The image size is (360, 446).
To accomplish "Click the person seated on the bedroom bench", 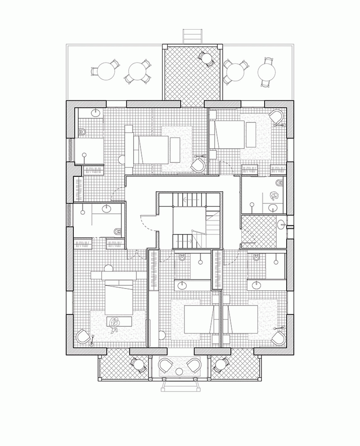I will click(x=115, y=323).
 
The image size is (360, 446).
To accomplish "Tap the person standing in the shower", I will click(x=273, y=196).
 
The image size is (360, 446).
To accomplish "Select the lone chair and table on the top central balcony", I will click(x=205, y=58).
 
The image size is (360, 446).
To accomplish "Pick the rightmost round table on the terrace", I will click(x=266, y=70).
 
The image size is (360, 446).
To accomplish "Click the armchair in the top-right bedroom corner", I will click(x=278, y=116).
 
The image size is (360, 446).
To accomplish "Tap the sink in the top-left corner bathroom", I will click(x=96, y=112).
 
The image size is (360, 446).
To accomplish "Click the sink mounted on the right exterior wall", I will click(x=282, y=224).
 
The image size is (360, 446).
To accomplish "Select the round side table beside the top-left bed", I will click(x=121, y=158).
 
